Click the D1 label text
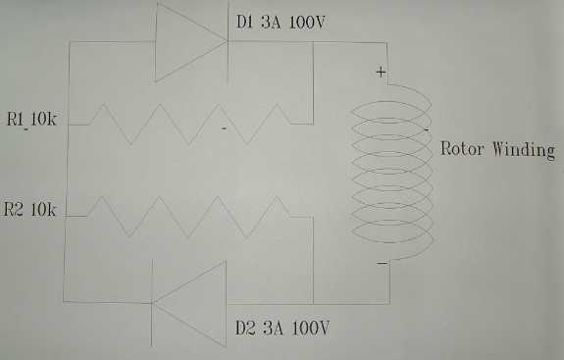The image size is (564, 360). click(x=245, y=22)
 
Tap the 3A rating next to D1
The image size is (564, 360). click(x=271, y=22)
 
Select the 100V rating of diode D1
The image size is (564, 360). click(x=307, y=23)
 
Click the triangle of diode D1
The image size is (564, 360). click(x=191, y=41)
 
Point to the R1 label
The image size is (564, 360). click(x=15, y=119)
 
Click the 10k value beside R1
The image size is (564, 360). click(x=43, y=119)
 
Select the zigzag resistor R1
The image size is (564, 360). click(x=190, y=125)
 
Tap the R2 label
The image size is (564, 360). click(x=13, y=209)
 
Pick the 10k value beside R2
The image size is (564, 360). click(x=43, y=210)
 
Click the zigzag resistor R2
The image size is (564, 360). click(x=188, y=217)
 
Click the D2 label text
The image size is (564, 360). click(x=245, y=328)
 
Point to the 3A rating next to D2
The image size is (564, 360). click(x=273, y=328)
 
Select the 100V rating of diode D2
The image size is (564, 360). click(x=310, y=328)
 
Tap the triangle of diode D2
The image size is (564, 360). click(x=189, y=303)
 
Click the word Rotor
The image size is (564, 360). click(x=462, y=148)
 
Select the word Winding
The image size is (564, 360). click(x=524, y=150)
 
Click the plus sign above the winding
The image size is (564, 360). click(x=381, y=73)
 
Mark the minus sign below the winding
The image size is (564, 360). click(x=382, y=264)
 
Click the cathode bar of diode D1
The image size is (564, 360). click(x=228, y=42)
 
